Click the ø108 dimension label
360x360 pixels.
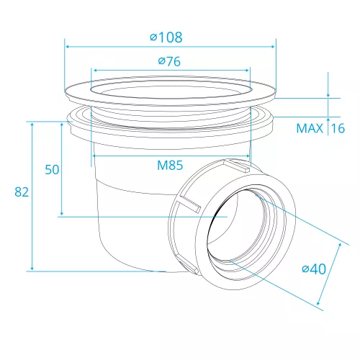point(166,37)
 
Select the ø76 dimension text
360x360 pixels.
point(169,61)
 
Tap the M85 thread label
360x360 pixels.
point(170,165)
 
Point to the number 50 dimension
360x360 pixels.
point(52,169)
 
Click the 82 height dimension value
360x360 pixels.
point(22,192)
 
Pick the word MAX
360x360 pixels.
point(310,128)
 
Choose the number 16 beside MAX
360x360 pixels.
point(338,128)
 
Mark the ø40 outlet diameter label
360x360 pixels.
point(314,269)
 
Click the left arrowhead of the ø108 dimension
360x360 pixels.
point(68,47)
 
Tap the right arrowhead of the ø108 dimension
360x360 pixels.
point(273,47)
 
